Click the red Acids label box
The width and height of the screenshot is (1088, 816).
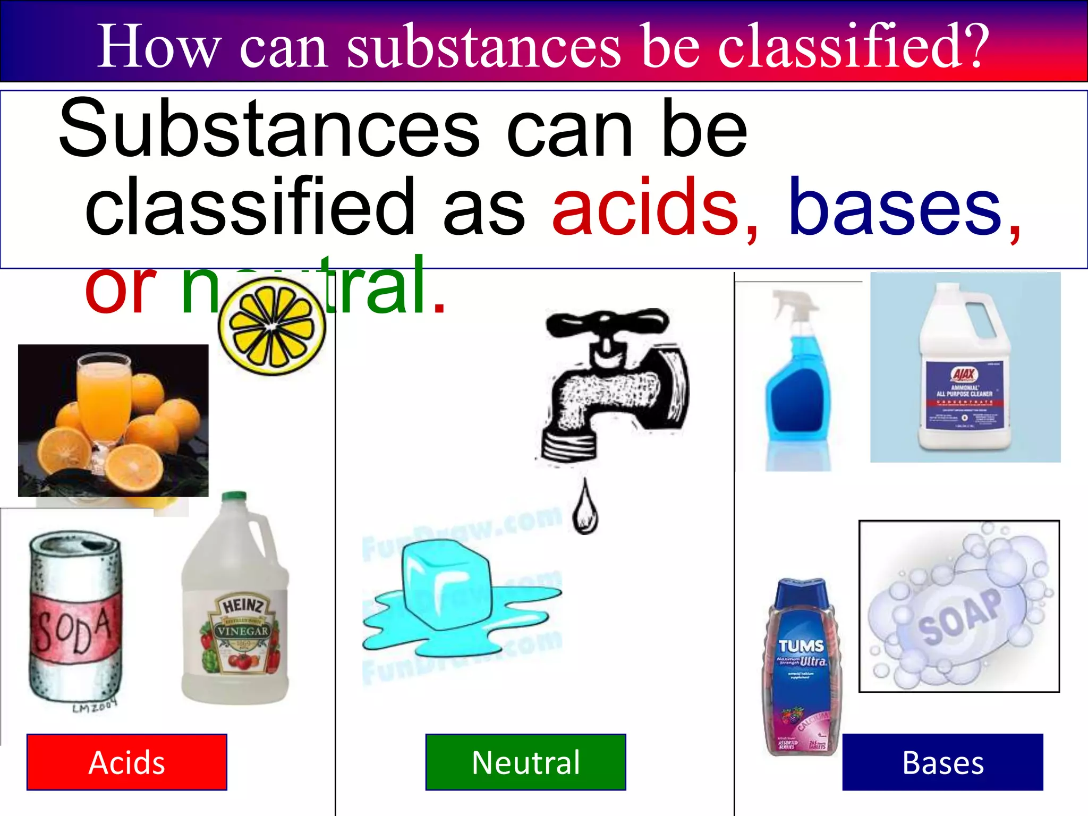tap(126, 762)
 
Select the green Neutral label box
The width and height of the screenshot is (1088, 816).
tap(525, 762)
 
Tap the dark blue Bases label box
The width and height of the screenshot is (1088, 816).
tap(942, 762)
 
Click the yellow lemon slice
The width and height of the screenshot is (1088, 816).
tap(271, 326)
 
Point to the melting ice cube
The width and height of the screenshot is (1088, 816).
tap(445, 584)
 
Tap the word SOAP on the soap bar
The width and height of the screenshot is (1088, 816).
tap(960, 616)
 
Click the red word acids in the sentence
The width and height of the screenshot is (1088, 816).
tap(645, 207)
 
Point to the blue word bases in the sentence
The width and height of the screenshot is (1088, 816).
tap(895, 207)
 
